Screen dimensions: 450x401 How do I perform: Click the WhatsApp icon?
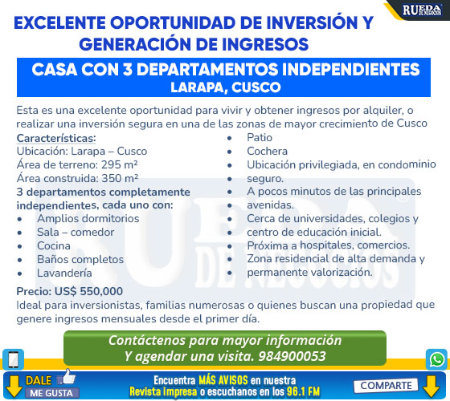(436, 359)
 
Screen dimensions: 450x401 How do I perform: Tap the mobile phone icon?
(13, 359)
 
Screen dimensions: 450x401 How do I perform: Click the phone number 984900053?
(292, 356)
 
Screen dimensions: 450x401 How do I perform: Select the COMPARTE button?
(386, 386)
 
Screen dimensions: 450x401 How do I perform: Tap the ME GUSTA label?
(51, 393)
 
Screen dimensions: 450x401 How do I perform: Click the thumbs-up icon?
(66, 377)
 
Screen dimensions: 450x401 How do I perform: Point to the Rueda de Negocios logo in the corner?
(422, 10)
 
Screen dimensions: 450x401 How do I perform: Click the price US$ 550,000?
(88, 291)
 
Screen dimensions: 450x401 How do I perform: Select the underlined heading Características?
(56, 138)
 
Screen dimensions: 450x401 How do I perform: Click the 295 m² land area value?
(120, 164)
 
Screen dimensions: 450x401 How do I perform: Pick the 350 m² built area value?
(121, 178)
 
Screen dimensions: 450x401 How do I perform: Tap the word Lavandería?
(64, 273)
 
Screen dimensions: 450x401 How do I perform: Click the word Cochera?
(267, 152)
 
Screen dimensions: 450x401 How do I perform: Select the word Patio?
(260, 138)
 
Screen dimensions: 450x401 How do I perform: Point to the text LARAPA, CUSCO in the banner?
(226, 87)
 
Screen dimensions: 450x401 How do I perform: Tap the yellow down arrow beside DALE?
(14, 387)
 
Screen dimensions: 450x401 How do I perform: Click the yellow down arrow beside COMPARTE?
(432, 387)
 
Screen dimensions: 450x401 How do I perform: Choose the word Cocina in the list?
(54, 245)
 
